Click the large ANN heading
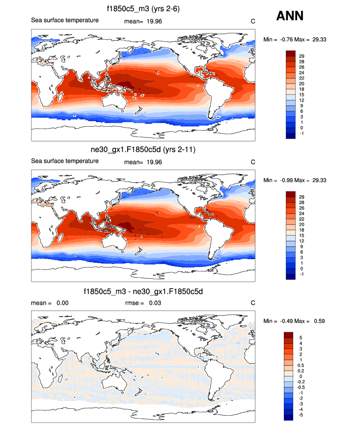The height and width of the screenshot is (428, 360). (290, 16)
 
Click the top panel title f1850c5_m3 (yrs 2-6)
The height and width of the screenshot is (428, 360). (142, 9)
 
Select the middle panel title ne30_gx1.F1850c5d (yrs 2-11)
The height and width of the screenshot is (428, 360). (142, 150)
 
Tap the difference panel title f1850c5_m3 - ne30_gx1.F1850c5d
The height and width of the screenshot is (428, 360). (142, 292)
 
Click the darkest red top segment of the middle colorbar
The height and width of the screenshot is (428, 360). (291, 194)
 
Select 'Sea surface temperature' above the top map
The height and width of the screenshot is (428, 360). (65, 21)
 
